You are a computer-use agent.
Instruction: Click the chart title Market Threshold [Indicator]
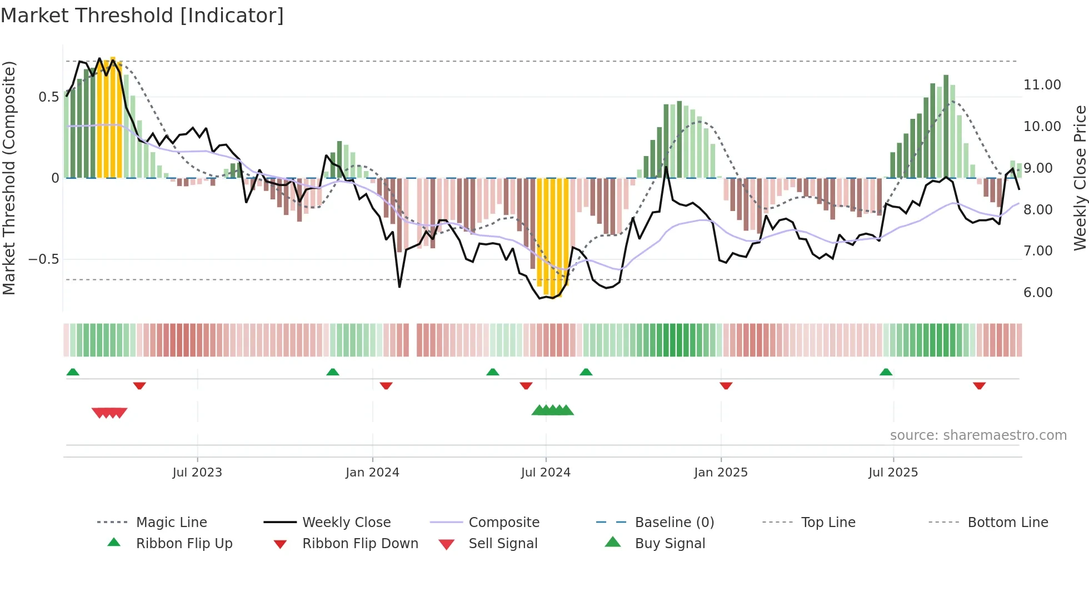pyautogui.click(x=142, y=16)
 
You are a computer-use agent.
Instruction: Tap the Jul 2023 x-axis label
pyautogui.click(x=197, y=473)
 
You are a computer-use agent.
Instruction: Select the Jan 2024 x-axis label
pyautogui.click(x=372, y=473)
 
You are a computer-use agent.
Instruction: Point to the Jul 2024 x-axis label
pyautogui.click(x=546, y=473)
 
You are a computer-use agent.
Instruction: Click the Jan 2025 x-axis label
pyautogui.click(x=721, y=473)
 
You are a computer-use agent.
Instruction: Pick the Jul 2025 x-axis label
pyautogui.click(x=893, y=473)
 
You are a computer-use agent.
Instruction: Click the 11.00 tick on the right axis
pyautogui.click(x=1042, y=85)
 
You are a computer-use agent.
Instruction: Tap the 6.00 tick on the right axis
pyautogui.click(x=1038, y=293)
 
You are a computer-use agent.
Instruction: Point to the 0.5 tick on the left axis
pyautogui.click(x=48, y=97)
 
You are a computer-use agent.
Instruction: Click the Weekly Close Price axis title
pyautogui.click(x=1080, y=178)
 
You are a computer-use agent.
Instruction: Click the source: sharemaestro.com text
pyautogui.click(x=978, y=435)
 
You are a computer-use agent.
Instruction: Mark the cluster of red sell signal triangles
pyautogui.click(x=109, y=413)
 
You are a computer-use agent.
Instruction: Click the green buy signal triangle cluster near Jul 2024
pyautogui.click(x=552, y=410)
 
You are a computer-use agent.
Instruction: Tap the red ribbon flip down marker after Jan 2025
pyautogui.click(x=726, y=385)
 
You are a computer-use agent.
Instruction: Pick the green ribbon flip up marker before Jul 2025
pyautogui.click(x=886, y=372)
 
